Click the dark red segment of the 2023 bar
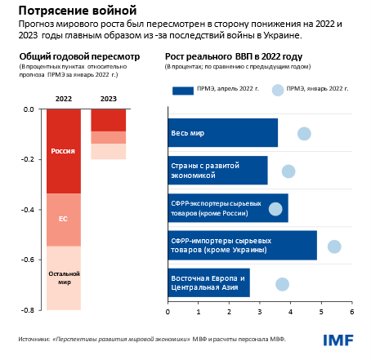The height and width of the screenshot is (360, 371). point(108,120)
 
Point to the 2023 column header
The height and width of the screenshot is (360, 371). point(108,100)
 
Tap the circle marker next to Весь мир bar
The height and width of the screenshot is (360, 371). point(304,134)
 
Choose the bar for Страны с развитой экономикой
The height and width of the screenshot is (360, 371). point(217,171)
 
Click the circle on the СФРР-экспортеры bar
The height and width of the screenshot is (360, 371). point(276,209)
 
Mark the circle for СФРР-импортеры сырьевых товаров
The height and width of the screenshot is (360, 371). point(333,247)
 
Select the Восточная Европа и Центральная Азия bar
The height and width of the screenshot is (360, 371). point(208,283)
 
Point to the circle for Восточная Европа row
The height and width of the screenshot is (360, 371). point(283,284)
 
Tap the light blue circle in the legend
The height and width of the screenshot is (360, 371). point(278,90)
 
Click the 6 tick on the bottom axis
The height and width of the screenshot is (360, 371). point(351,312)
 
